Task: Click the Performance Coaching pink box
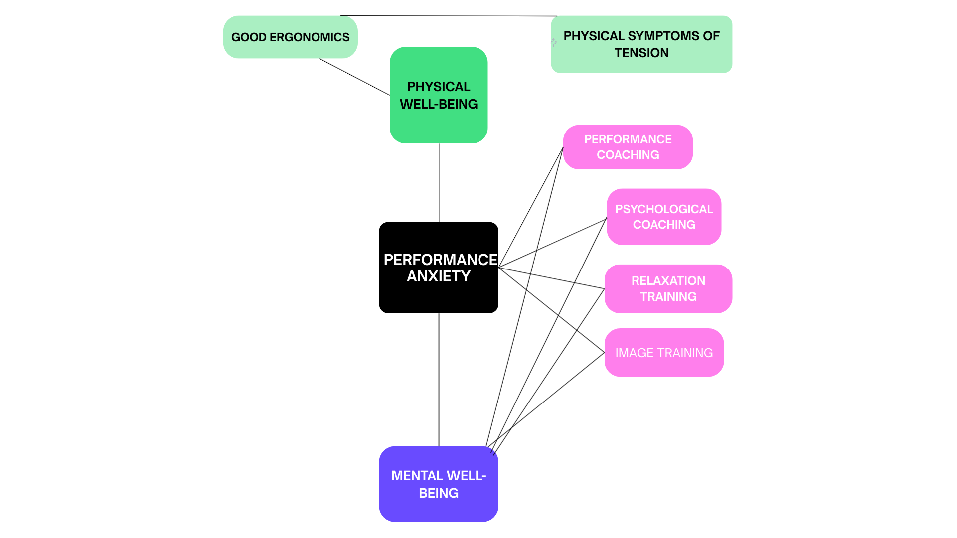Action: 628,147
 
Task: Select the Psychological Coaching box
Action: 664,217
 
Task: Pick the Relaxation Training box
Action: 668,288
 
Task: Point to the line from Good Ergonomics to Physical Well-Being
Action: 354,77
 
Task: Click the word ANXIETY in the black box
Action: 439,276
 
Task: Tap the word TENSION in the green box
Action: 641,53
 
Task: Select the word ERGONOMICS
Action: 310,37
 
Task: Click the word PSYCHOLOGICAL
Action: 664,209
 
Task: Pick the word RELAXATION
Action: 668,281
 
